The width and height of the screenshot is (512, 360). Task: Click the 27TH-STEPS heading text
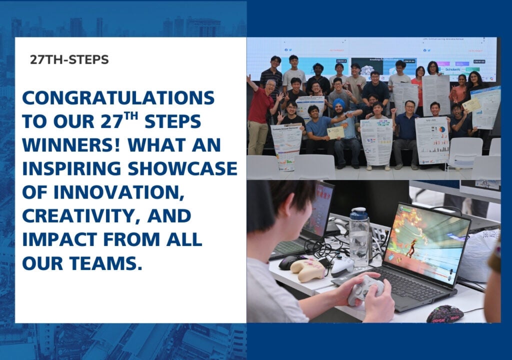(69, 59)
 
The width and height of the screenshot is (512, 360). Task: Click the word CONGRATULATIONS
(118, 97)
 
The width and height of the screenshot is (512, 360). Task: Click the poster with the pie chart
(430, 137)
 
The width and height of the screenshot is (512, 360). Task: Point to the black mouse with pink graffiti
(444, 314)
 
